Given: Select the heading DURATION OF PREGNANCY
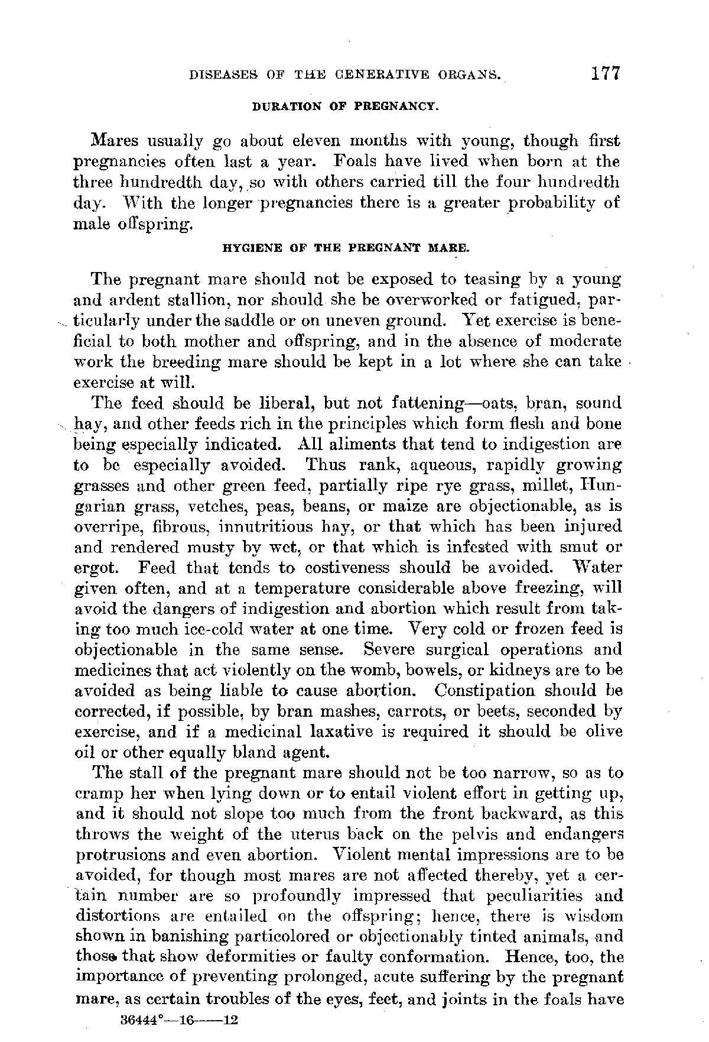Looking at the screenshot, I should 344,108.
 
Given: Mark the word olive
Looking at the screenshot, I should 603,732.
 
